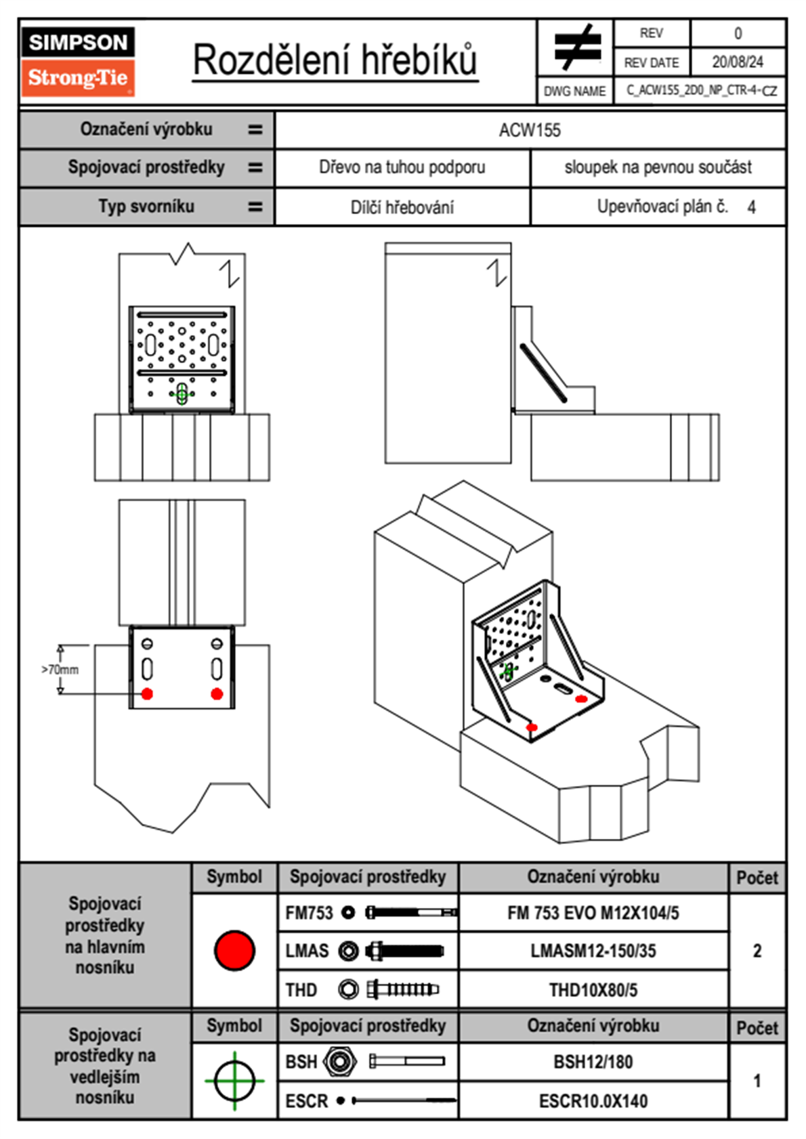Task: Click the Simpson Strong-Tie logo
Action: pos(78,61)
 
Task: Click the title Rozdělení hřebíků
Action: pos(335,60)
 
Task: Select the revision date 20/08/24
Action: pos(737,62)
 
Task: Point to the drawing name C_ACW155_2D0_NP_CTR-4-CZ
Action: pos(701,90)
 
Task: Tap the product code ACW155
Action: pos(530,130)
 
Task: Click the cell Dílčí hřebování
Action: pos(402,207)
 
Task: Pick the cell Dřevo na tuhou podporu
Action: pos(402,167)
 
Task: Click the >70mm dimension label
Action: pos(60,670)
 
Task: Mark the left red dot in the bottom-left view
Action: pos(147,693)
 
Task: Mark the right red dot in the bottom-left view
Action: pos(217,693)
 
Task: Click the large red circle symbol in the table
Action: pos(234,950)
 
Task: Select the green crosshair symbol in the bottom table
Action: pos(234,1081)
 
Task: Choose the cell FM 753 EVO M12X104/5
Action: pos(593,913)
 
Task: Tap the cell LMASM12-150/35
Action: pos(593,951)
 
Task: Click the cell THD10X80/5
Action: pos(593,990)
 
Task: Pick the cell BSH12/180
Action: pos(593,1062)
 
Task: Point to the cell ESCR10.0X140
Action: pos(593,1101)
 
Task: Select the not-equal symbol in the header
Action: pos(576,47)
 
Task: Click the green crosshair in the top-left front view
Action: pos(182,393)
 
